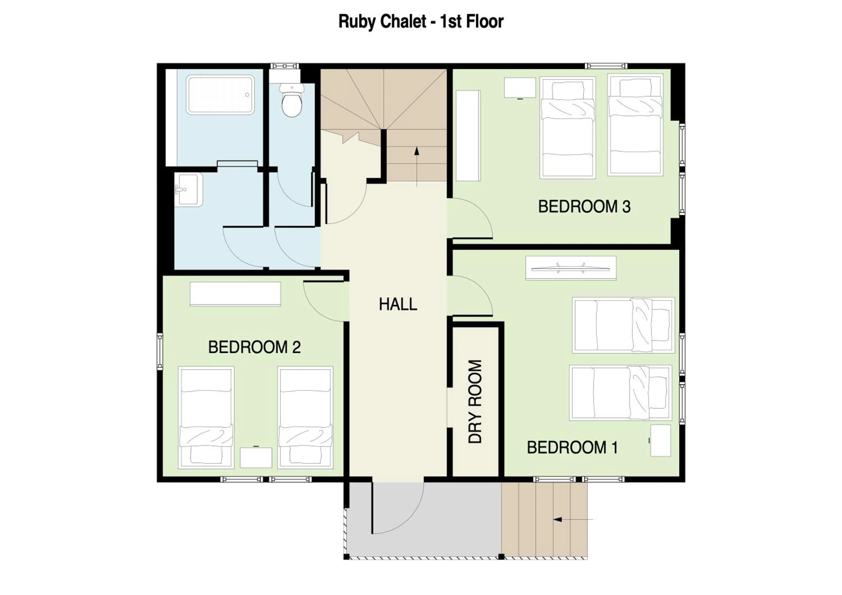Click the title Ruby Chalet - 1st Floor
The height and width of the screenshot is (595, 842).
421,21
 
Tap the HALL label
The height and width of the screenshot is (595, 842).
398,304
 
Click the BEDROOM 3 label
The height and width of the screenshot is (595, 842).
584,207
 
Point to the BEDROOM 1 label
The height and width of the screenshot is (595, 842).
572,448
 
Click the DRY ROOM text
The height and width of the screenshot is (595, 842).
475,401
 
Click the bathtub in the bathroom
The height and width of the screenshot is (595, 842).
220,95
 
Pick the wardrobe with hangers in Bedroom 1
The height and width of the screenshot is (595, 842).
571,268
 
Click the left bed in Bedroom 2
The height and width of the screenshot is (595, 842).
206,418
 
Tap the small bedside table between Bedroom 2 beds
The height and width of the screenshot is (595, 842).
256,457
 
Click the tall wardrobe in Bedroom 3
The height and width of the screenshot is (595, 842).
468,136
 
